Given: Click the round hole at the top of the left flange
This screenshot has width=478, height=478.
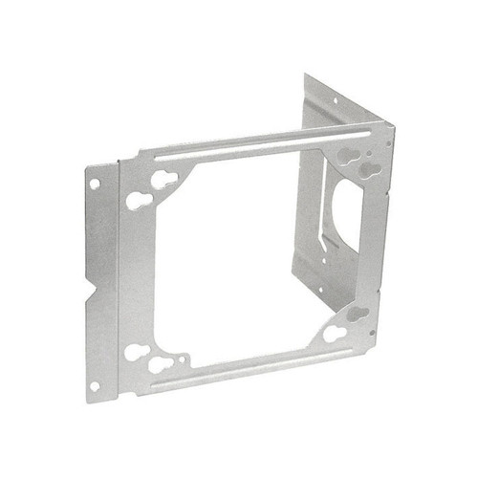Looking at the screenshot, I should (96, 181).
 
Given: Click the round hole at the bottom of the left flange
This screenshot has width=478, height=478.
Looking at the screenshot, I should (95, 385).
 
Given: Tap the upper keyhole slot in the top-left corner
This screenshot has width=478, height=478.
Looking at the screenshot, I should (163, 179).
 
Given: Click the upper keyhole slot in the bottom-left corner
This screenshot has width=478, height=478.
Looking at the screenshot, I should (136, 352).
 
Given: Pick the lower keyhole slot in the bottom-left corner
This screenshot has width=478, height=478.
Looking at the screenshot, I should (162, 365).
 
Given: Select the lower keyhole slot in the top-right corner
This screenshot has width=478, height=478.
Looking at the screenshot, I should (367, 168).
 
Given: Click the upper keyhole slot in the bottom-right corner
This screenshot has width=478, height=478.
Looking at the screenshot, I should (358, 314).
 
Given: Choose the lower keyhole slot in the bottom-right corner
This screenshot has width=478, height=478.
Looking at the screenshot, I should (335, 333).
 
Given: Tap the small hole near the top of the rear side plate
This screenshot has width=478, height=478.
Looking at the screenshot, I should (336, 99).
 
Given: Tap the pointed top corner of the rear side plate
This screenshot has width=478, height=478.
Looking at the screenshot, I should (308, 76).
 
